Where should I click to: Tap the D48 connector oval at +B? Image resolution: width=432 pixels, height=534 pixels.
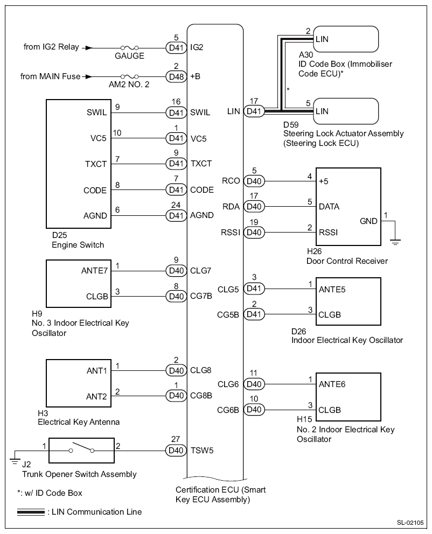coord(176,76)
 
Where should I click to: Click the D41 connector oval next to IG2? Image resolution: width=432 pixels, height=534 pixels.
coord(176,47)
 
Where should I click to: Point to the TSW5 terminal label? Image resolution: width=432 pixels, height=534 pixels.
coord(202,450)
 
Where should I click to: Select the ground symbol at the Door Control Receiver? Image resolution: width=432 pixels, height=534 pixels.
coord(395,241)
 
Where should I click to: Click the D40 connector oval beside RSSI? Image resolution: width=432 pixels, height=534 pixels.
coord(254,233)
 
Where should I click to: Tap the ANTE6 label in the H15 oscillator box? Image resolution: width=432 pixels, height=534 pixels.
coord(332,384)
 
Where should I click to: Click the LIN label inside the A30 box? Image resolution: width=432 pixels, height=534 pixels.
coord(322,39)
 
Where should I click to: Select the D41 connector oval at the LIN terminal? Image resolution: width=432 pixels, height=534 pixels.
coord(254,112)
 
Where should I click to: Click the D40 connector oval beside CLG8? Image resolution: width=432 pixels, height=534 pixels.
coord(176,370)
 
